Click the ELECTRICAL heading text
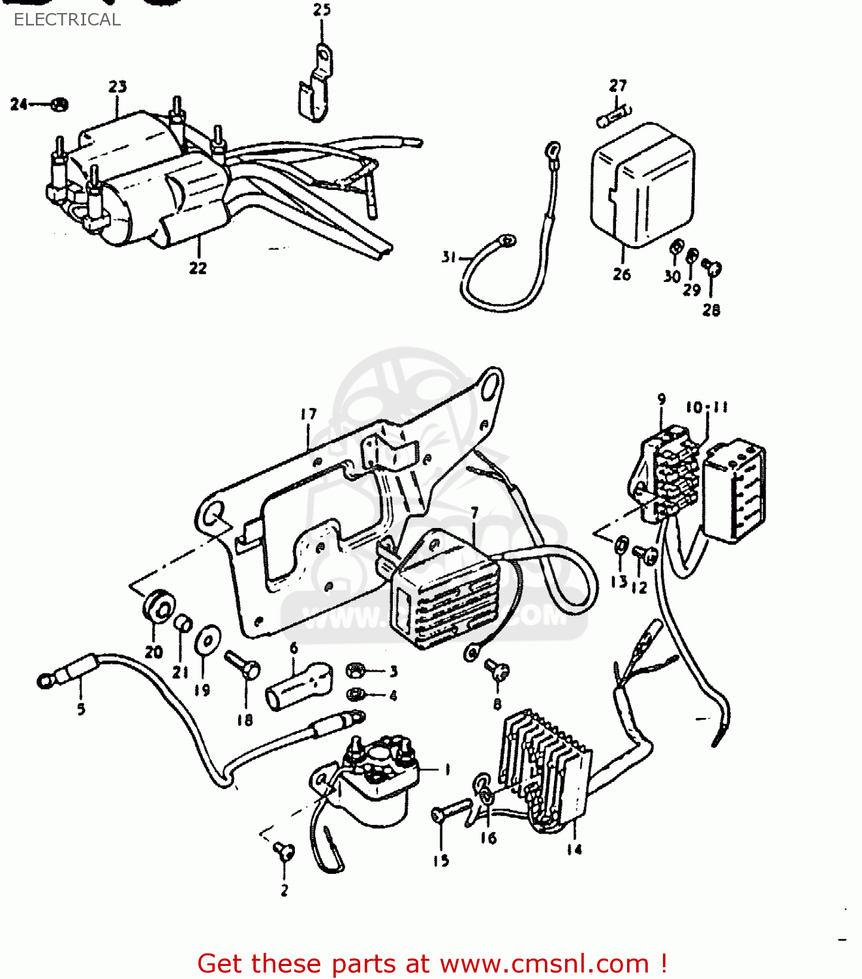[x=67, y=20]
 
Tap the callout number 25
[x=322, y=10]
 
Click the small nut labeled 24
[x=59, y=104]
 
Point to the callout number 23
[x=117, y=86]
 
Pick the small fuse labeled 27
[x=613, y=117]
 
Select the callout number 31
[x=448, y=257]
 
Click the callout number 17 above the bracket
[x=309, y=414]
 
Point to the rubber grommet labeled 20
[x=158, y=606]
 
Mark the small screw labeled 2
[x=285, y=850]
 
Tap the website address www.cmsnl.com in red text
[x=544, y=963]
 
